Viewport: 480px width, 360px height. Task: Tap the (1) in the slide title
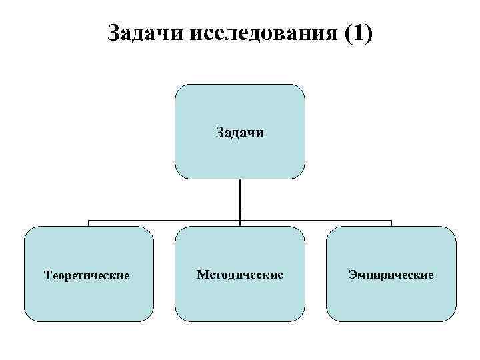pos(357,33)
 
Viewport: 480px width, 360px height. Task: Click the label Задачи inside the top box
pos(240,133)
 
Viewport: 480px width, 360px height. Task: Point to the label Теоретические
pos(87,275)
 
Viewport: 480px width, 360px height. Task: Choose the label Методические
pos(240,274)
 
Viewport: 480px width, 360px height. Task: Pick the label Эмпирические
pos(391,274)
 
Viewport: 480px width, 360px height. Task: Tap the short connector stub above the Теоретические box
pos(89,223)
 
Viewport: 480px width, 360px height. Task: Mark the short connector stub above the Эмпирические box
pos(391,223)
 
